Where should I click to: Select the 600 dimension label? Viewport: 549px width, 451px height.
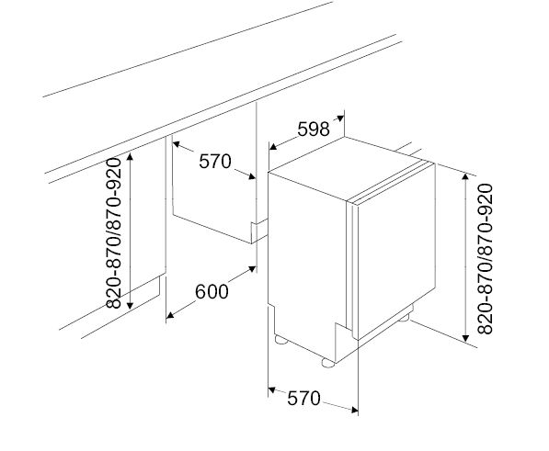click(212, 292)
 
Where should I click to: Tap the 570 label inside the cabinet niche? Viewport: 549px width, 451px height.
click(214, 162)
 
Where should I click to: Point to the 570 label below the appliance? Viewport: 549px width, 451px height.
click(303, 398)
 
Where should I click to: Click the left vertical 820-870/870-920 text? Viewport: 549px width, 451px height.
click(116, 233)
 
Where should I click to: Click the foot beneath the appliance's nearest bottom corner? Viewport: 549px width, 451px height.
click(326, 361)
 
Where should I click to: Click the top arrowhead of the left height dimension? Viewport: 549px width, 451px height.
click(131, 156)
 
